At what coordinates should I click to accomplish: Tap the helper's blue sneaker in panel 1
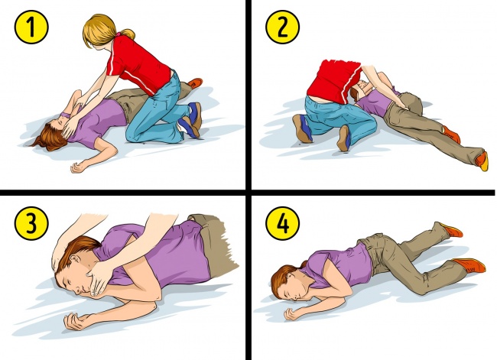click(x=189, y=118)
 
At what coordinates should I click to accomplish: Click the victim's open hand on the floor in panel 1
click(x=77, y=166)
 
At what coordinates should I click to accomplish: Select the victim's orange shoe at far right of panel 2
click(x=481, y=160)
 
